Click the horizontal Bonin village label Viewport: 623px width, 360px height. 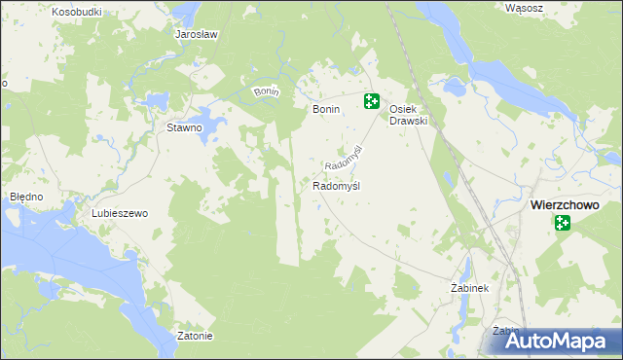[x=325, y=110]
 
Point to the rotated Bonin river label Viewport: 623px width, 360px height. [x=267, y=91]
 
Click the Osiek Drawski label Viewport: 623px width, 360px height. [x=410, y=115]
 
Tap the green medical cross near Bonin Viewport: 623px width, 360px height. [x=372, y=100]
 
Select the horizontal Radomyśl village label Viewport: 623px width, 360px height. [x=337, y=185]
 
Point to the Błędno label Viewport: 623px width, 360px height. [x=26, y=196]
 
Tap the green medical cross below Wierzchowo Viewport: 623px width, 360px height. [x=563, y=224]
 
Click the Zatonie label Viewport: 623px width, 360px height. [x=196, y=337]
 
